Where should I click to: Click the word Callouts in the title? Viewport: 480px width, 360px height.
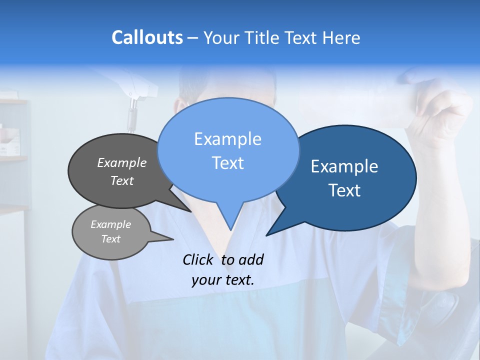pyautogui.click(x=147, y=37)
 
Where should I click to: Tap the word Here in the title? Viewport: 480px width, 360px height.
pyautogui.click(x=341, y=38)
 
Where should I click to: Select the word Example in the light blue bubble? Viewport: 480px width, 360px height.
pyautogui.click(x=227, y=138)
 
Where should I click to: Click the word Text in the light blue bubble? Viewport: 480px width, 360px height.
pyautogui.click(x=227, y=163)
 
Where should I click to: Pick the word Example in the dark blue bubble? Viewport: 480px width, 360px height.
pyautogui.click(x=344, y=166)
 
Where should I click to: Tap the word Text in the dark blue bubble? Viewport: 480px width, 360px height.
pyautogui.click(x=345, y=190)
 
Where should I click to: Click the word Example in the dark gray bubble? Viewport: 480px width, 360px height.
pyautogui.click(x=122, y=162)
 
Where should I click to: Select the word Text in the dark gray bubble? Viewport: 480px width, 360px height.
pyautogui.click(x=122, y=180)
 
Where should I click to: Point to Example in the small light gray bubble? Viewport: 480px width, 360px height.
pyautogui.click(x=110, y=224)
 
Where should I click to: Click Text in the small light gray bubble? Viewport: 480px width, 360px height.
pyautogui.click(x=110, y=239)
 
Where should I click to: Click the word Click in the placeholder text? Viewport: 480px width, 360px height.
pyautogui.click(x=198, y=259)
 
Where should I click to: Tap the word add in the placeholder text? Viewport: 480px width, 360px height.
pyautogui.click(x=251, y=259)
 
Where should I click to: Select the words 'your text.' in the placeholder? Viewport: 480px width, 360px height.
pyautogui.click(x=223, y=280)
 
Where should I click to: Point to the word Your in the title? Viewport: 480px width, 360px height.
pyautogui.click(x=221, y=38)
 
